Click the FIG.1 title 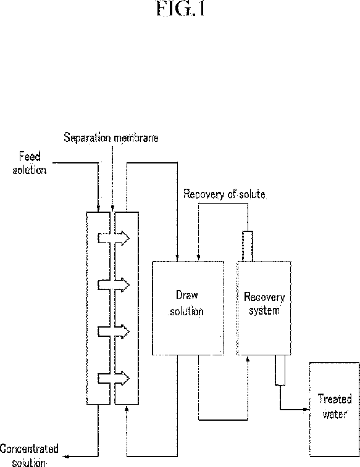[181, 9]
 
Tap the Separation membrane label [111, 138]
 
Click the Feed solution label [30, 163]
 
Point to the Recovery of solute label [225, 194]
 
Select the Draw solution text [187, 303]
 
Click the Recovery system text [264, 304]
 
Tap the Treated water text [335, 407]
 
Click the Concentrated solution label [29, 456]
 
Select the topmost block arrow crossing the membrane [114, 238]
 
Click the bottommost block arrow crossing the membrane [114, 378]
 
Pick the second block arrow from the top [114, 285]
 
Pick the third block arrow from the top [114, 331]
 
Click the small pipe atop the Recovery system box [248, 246]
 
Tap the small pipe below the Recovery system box [280, 370]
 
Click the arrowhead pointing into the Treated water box [306, 409]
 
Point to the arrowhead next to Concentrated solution [68, 456]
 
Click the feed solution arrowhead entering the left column [98, 209]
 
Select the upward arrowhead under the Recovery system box [248, 359]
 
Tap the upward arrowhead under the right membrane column [127, 408]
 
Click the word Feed [30, 156]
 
